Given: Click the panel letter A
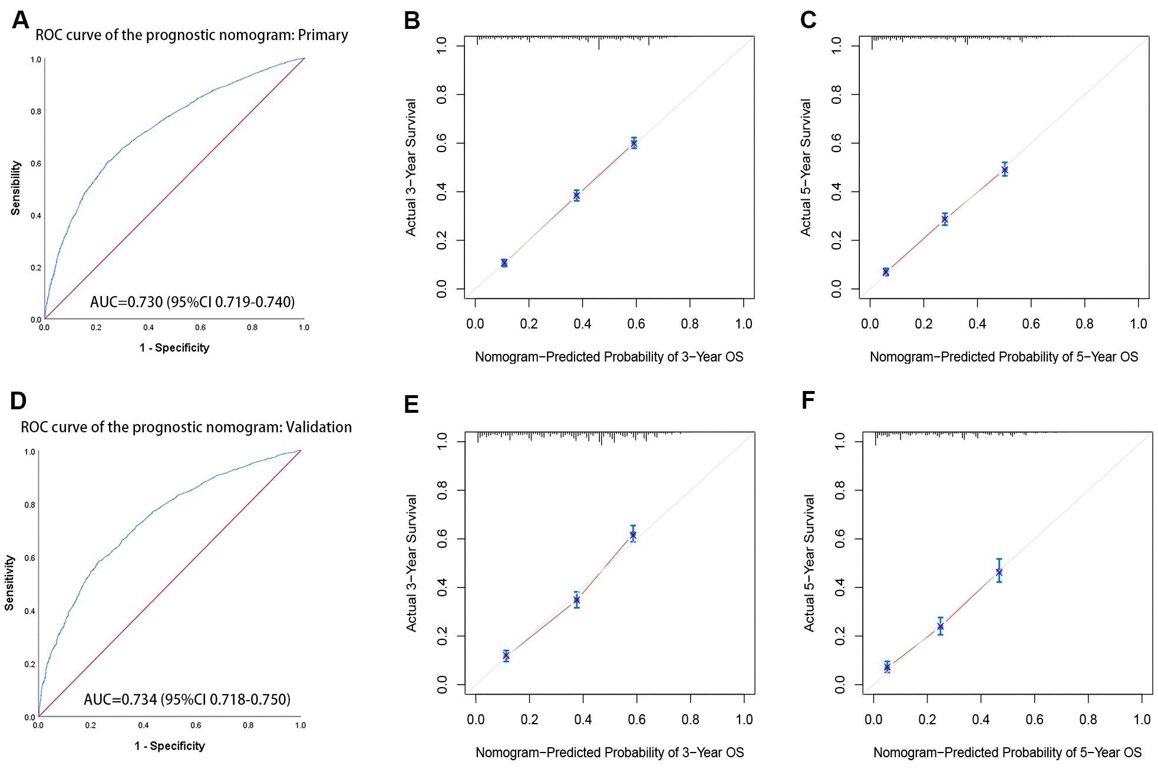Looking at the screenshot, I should [20, 20].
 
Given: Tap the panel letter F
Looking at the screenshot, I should [808, 400].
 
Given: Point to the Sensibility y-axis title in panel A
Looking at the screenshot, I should [16, 188].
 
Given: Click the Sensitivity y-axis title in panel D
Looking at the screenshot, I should [9, 583].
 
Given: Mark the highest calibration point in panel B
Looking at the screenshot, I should [634, 143].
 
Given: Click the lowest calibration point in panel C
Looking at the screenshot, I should [886, 272].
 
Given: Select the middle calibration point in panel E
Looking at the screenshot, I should [576, 600].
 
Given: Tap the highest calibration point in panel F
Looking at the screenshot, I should [999, 572].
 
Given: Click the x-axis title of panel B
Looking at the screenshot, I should [609, 357].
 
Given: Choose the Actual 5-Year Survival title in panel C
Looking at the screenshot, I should [806, 167].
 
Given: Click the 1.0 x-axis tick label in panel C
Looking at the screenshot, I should [1138, 324].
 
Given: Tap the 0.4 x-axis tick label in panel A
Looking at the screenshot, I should [149, 327].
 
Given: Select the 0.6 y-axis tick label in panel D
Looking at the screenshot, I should [29, 558].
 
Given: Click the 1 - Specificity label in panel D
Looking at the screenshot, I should [170, 746].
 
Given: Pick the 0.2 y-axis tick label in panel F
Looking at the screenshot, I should [840, 636].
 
